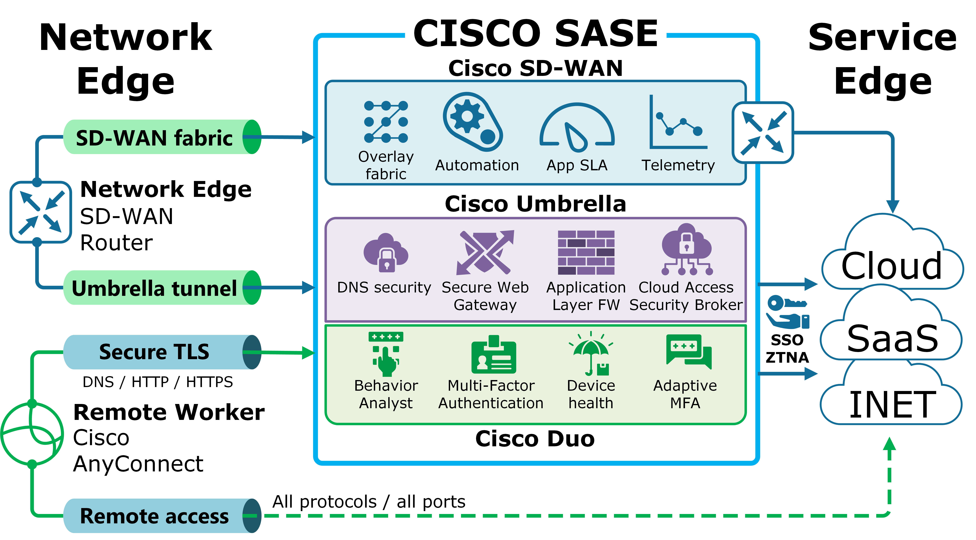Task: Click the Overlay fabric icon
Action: [386, 122]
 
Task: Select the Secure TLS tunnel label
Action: [154, 352]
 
